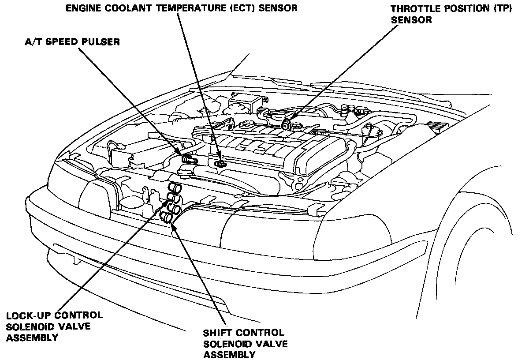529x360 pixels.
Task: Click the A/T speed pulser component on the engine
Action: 188,157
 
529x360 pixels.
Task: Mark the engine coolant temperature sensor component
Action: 220,164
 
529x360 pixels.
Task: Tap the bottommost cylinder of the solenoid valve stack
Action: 167,216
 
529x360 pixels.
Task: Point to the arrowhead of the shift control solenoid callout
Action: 173,222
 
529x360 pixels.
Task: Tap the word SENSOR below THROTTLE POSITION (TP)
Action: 411,20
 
